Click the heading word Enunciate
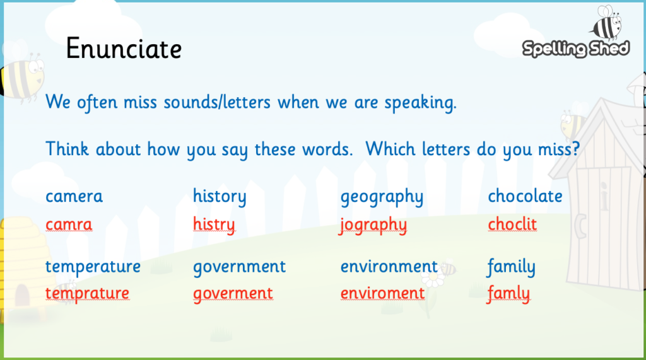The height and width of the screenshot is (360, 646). pyautogui.click(x=124, y=49)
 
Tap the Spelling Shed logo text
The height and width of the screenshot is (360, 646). pyautogui.click(x=575, y=49)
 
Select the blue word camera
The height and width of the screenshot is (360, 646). pyautogui.click(x=74, y=197)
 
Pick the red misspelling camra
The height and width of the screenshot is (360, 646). pyautogui.click(x=69, y=224)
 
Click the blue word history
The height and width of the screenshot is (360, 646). pyautogui.click(x=220, y=197)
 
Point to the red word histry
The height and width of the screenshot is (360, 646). pyautogui.click(x=214, y=225)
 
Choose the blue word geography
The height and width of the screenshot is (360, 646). pyautogui.click(x=382, y=197)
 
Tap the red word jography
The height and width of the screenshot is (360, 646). pyautogui.click(x=372, y=225)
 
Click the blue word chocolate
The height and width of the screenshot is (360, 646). pyautogui.click(x=526, y=196)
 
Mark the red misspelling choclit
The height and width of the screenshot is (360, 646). pyautogui.click(x=512, y=224)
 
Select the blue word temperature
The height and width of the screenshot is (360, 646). pyautogui.click(x=93, y=267)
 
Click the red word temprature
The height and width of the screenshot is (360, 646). pyautogui.click(x=87, y=294)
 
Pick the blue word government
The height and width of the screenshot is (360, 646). pyautogui.click(x=239, y=267)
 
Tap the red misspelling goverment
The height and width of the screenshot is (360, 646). pyautogui.click(x=233, y=294)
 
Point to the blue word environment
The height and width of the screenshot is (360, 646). pyautogui.click(x=389, y=267)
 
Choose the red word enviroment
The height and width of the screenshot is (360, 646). pyautogui.click(x=382, y=293)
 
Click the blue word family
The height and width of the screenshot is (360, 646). pyautogui.click(x=511, y=267)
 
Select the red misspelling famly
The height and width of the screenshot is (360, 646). pyautogui.click(x=508, y=294)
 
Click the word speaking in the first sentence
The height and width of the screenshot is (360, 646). pyautogui.click(x=420, y=103)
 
